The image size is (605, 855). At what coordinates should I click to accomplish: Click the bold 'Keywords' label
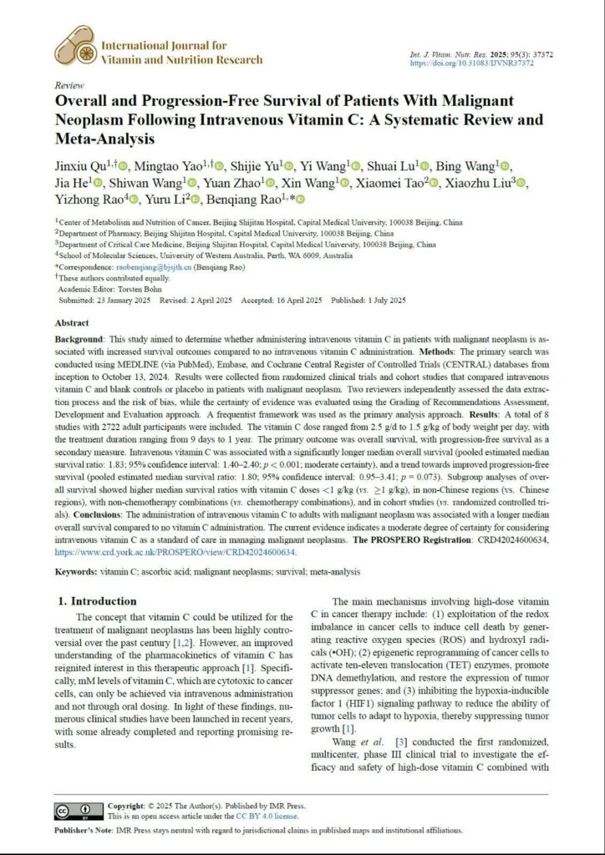click(80, 571)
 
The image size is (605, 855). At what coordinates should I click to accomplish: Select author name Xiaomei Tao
click(394, 182)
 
